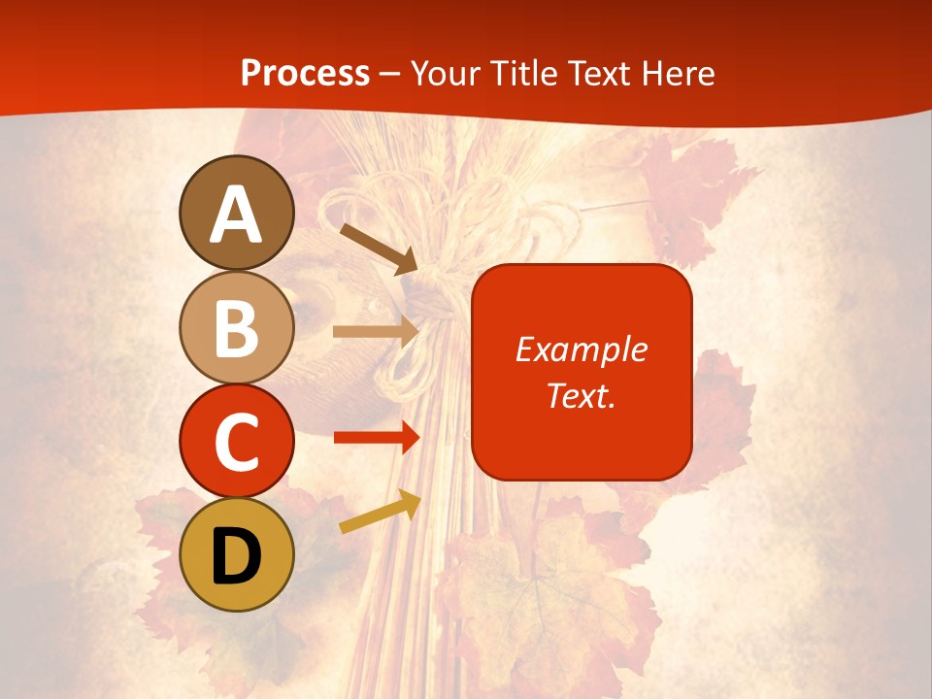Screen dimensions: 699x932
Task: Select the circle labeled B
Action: (237, 327)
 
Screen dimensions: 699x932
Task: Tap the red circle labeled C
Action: (237, 441)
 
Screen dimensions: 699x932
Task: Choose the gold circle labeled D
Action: (237, 555)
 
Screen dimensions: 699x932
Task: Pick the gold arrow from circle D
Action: (380, 513)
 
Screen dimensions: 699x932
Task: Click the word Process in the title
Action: (305, 74)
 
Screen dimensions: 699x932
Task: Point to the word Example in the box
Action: (582, 349)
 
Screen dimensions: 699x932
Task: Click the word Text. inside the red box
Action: (582, 395)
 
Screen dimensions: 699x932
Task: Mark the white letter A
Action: (237, 215)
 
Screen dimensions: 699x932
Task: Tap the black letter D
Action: (237, 556)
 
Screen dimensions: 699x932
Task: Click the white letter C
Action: (237, 442)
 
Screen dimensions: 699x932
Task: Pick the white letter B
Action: (237, 328)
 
